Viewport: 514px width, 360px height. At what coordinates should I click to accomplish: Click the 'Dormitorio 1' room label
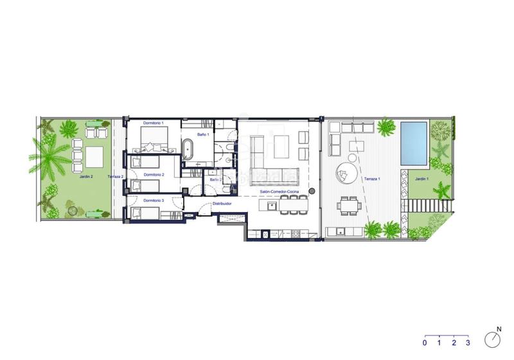tap(154, 122)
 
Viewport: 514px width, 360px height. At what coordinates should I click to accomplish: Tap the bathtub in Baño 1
tap(189, 148)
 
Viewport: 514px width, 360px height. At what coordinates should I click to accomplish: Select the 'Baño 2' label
tap(216, 179)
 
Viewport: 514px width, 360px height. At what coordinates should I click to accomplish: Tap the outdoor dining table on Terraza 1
tap(350, 205)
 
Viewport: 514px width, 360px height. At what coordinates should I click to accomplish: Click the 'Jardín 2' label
tap(87, 175)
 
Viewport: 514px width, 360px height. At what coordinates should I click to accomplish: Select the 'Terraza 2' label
tap(115, 175)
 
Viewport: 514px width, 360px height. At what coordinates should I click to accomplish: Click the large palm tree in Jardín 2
tap(48, 157)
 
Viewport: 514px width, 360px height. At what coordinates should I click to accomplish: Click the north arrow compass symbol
tap(493, 338)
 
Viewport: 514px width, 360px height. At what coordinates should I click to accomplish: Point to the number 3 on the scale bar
tap(468, 343)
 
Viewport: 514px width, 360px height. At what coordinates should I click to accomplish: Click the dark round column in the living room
tap(311, 192)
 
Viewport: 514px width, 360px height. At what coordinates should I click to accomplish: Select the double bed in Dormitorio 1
tap(154, 137)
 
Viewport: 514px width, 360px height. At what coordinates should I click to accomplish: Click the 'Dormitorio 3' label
tap(154, 201)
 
